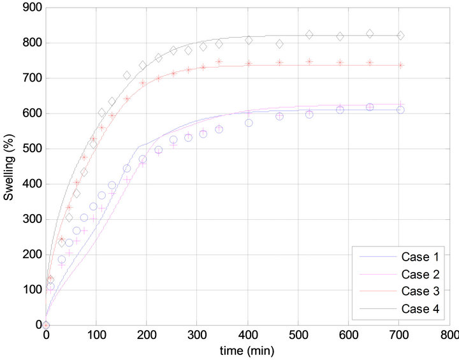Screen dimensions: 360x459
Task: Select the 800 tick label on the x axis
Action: pyautogui.click(x=449, y=336)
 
